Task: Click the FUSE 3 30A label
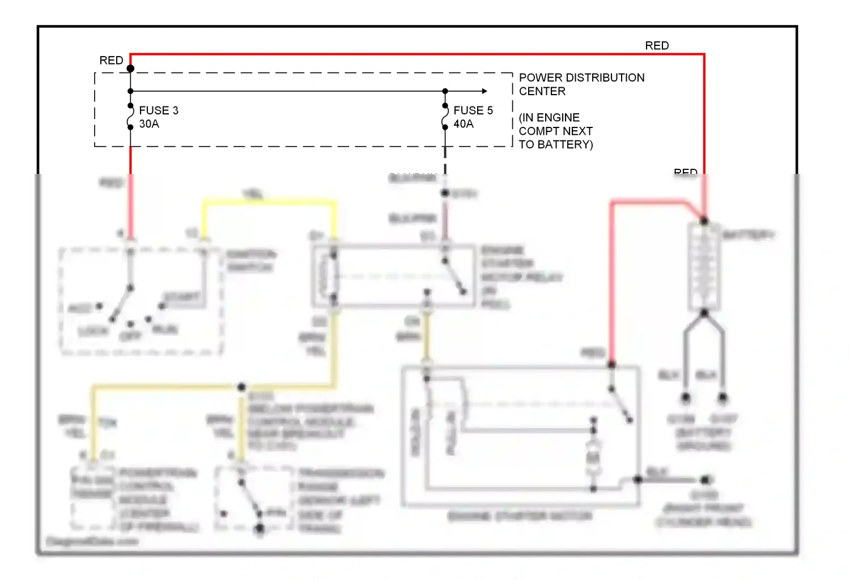pyautogui.click(x=158, y=117)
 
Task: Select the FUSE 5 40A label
pyautogui.click(x=473, y=117)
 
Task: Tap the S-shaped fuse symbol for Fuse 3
pyautogui.click(x=130, y=117)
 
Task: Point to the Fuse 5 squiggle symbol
pyautogui.click(x=445, y=117)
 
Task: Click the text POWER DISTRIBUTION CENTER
pyautogui.click(x=581, y=84)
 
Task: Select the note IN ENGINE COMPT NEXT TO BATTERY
pyautogui.click(x=555, y=131)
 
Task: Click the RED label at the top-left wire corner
pyautogui.click(x=111, y=61)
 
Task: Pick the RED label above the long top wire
pyautogui.click(x=657, y=46)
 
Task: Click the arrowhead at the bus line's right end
pyautogui.click(x=484, y=91)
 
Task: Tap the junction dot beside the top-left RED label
pyautogui.click(x=130, y=69)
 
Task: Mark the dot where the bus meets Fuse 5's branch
pyautogui.click(x=445, y=91)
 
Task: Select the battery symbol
pyautogui.click(x=704, y=266)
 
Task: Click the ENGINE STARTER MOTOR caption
pyautogui.click(x=520, y=516)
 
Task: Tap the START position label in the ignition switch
pyautogui.click(x=181, y=297)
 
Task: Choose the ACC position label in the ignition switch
pyautogui.click(x=80, y=308)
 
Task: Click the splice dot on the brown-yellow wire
pyautogui.click(x=241, y=387)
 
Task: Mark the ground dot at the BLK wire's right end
pyautogui.click(x=705, y=480)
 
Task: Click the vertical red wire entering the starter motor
pyautogui.click(x=612, y=283)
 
